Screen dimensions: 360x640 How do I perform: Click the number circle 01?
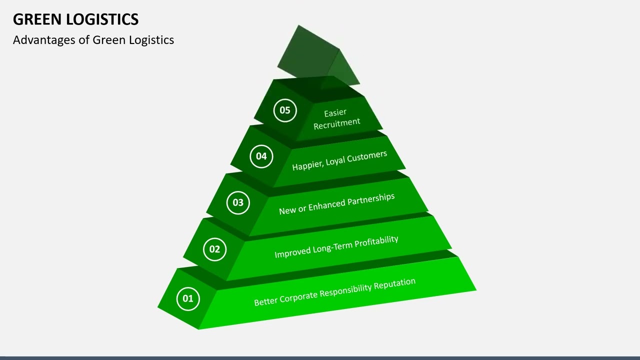188,299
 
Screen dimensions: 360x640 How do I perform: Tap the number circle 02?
214,249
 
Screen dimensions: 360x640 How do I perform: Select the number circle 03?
238,202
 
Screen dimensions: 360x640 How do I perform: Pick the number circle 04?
261,156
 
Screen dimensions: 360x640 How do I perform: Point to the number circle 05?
285,110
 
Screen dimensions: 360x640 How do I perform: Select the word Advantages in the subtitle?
44,40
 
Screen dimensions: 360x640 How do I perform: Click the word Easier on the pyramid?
335,112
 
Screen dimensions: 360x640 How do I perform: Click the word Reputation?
394,283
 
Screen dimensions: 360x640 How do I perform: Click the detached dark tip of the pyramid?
318,57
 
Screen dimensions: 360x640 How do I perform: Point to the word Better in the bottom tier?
265,301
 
